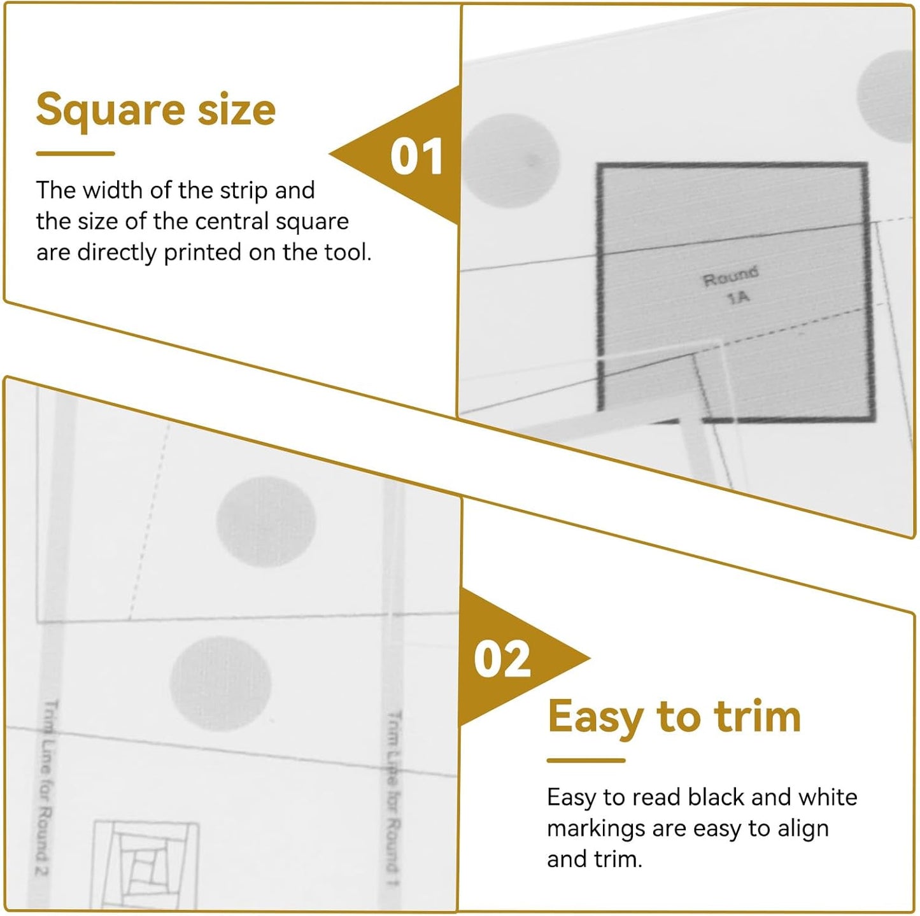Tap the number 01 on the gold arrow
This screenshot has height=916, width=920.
point(416,157)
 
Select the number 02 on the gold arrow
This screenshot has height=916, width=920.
point(502,660)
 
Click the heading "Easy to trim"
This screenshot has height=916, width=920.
point(674,717)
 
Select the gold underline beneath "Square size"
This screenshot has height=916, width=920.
point(75,153)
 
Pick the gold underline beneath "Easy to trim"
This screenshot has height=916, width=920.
point(586,760)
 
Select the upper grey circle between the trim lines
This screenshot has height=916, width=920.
point(266,521)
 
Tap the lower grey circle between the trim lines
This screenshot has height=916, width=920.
point(220,682)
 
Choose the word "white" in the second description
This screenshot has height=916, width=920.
point(827,797)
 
